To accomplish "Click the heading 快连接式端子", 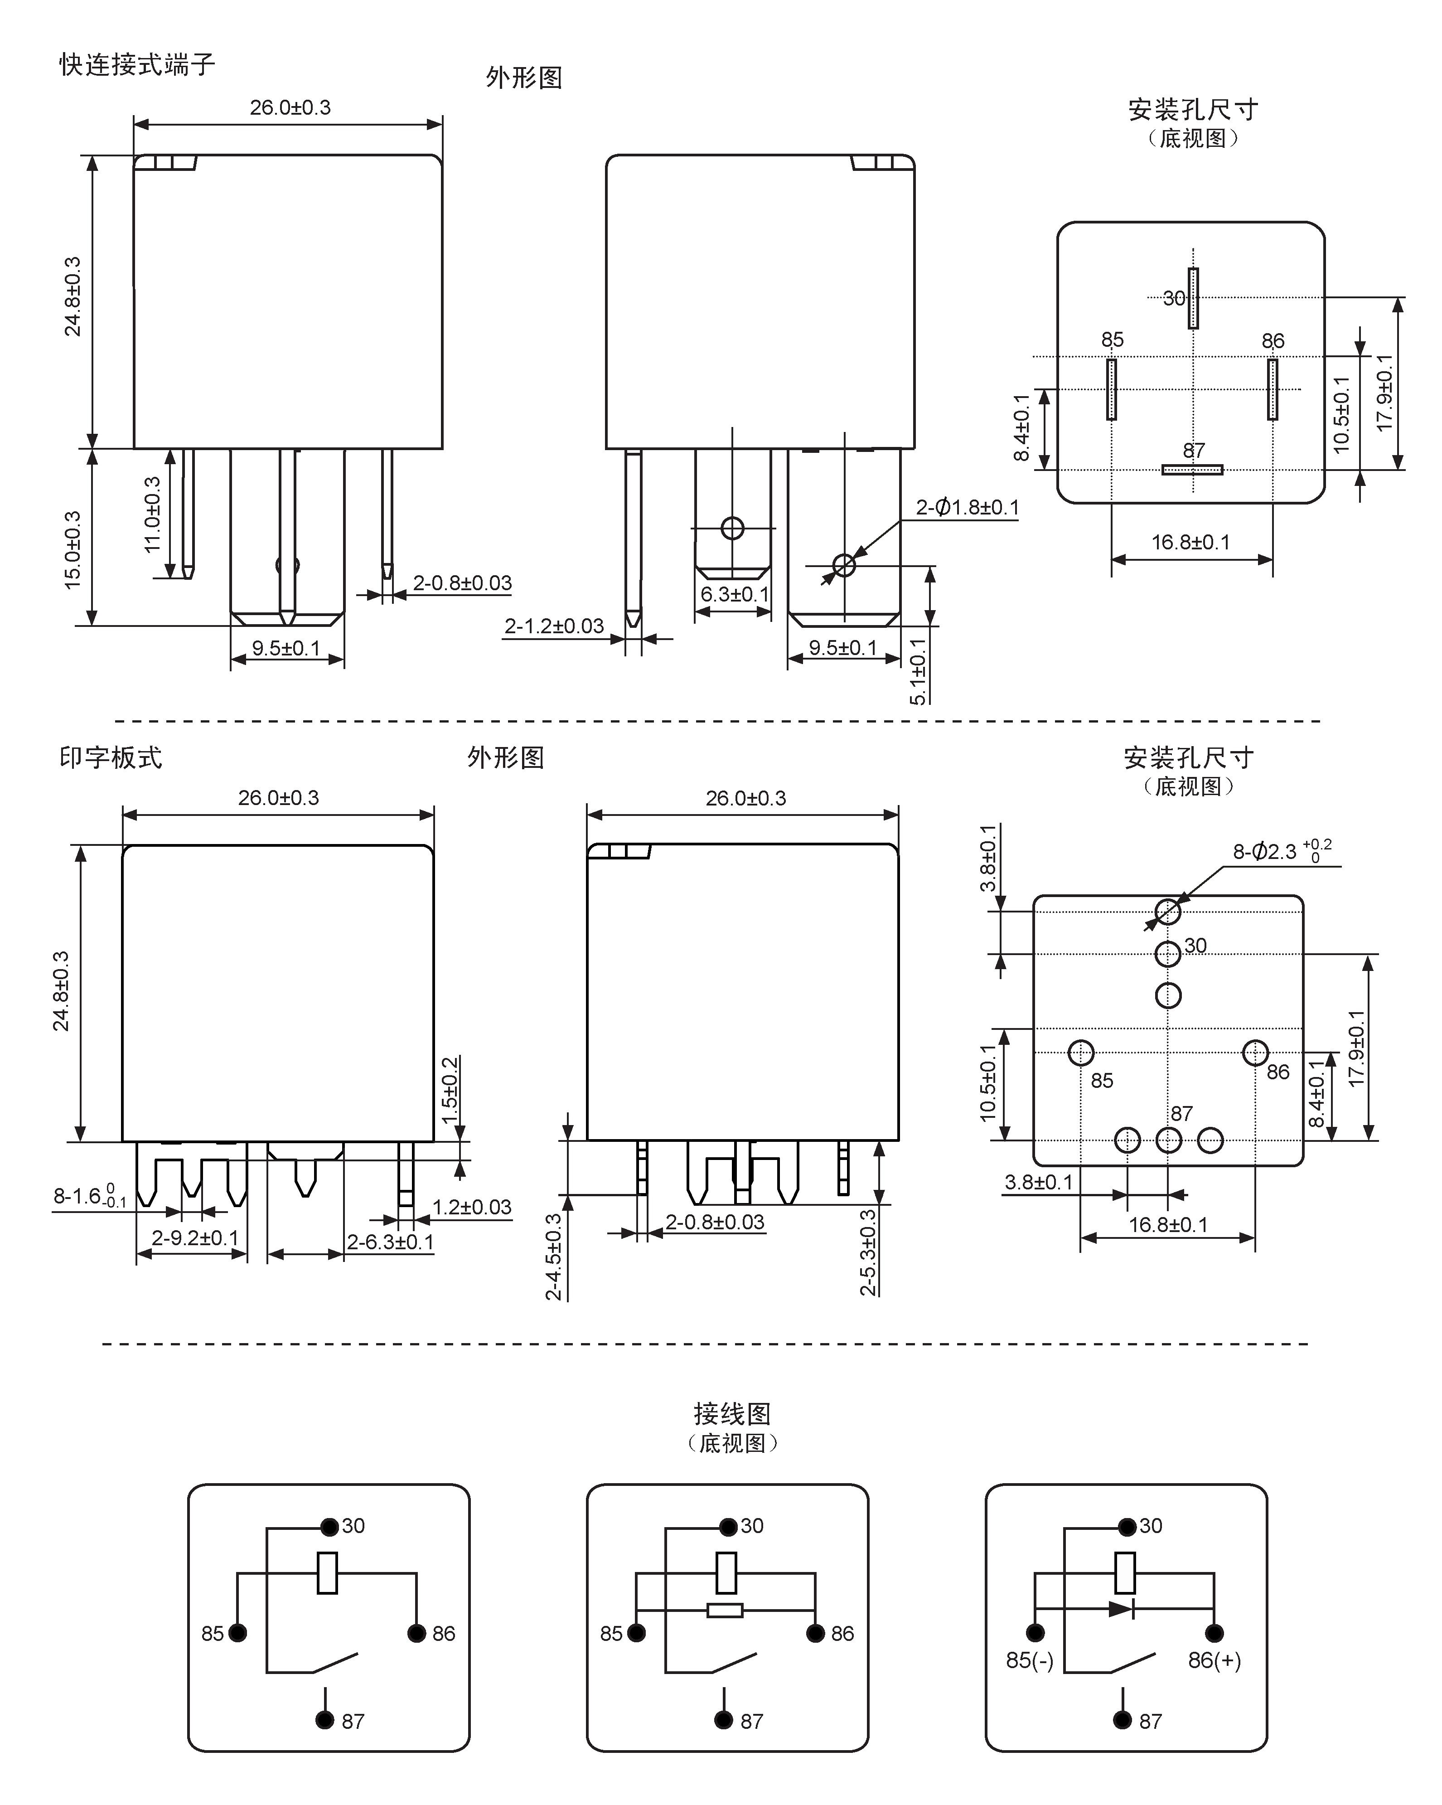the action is (137, 64).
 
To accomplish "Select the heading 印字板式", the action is (111, 757).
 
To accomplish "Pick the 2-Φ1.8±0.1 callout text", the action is (968, 507).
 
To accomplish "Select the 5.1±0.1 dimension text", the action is (918, 671).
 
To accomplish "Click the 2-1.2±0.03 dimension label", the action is (554, 626).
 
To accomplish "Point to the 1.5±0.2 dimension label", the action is (450, 1091).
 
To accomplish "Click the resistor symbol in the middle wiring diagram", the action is (725, 1609).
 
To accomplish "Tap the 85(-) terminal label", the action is (1030, 1659).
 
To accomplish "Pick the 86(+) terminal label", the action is (1215, 1659).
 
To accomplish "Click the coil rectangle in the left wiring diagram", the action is (327, 1573).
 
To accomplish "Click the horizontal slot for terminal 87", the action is (1192, 470).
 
